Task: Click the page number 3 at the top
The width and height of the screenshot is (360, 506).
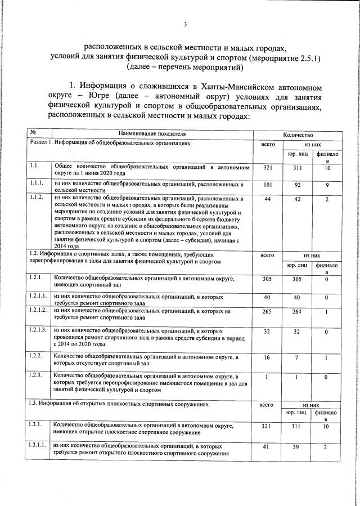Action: click(185, 24)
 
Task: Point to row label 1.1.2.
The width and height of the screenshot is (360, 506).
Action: click(37, 199)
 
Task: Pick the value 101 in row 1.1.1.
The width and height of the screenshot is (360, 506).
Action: click(267, 184)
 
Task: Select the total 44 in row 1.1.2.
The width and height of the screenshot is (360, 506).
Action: click(267, 199)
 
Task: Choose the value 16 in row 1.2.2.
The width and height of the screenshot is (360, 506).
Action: click(267, 358)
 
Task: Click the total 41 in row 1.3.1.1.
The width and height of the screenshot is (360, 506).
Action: click(267, 446)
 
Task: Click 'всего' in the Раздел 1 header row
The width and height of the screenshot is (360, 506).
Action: click(267, 144)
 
